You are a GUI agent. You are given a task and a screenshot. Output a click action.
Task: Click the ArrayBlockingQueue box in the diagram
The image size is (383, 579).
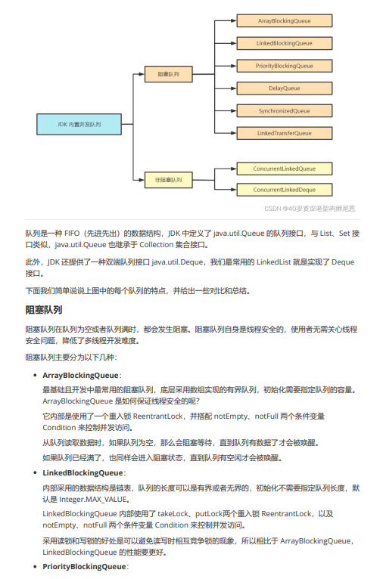pos(285,20)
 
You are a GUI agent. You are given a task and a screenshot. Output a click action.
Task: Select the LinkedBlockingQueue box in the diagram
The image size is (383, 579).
pos(285,43)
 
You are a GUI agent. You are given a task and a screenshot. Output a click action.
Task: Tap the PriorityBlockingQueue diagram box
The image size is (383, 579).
pos(285,66)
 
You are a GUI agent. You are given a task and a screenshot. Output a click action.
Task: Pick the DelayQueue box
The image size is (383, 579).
pos(285,88)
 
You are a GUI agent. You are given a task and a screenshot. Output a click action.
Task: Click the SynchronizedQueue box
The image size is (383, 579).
pos(285,111)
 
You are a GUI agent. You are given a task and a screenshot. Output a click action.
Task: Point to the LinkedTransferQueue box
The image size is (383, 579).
pos(285,133)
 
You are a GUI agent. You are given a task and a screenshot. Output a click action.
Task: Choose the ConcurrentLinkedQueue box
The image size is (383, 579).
pos(285,169)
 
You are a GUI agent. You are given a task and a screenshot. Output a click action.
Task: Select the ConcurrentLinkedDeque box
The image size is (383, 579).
pos(285,190)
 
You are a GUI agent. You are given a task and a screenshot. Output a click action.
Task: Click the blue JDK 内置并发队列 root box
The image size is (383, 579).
pos(79,124)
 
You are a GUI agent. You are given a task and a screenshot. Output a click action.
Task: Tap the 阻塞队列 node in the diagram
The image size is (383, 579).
pos(169,75)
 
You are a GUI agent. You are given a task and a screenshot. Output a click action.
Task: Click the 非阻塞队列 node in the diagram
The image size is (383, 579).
pos(169,180)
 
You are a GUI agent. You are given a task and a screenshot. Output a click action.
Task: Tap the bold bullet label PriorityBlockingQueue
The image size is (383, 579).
pos(84,566)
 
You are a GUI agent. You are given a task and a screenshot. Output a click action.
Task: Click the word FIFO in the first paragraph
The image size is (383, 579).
pos(73,234)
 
